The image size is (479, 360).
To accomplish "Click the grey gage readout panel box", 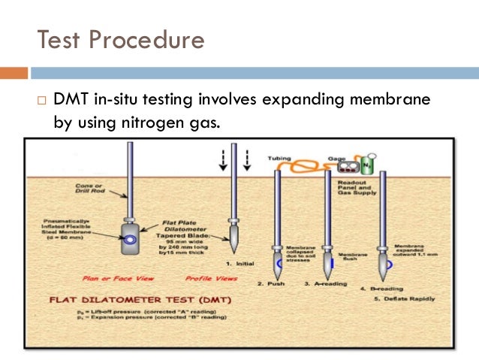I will pos(347,165).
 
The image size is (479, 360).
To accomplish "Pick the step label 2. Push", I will pos(271,283).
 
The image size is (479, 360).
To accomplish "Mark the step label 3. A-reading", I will pos(324,283).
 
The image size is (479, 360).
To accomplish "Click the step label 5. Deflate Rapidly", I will pos(399,298).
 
